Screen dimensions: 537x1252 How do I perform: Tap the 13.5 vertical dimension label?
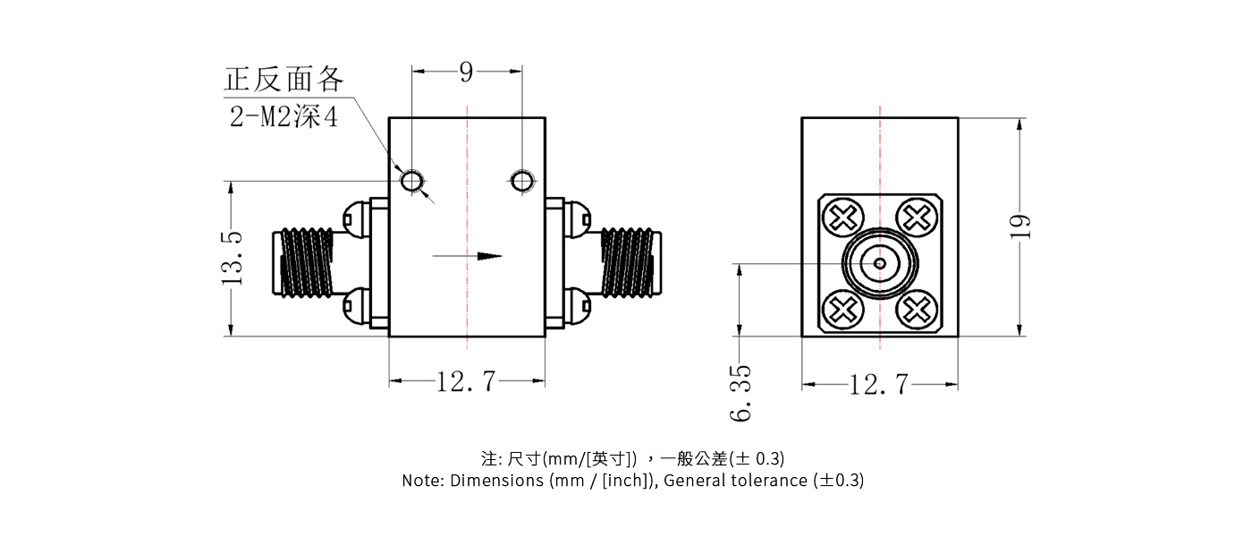[x=232, y=258]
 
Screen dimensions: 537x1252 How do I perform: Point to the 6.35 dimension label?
[x=740, y=393]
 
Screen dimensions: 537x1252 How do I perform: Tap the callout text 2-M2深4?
[x=284, y=117]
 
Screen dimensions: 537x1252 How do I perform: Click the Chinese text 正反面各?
[x=283, y=80]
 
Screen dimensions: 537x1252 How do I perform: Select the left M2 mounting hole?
[x=411, y=182]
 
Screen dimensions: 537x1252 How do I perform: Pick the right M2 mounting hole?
[x=522, y=182]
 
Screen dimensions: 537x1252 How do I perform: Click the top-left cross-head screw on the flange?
[x=842, y=217]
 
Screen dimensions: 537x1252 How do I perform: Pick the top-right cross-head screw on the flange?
[x=917, y=217]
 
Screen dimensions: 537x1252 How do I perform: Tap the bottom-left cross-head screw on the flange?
[x=842, y=310]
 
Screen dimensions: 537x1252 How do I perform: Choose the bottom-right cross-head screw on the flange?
[x=917, y=310]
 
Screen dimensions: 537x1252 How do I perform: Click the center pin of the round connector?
[x=880, y=263]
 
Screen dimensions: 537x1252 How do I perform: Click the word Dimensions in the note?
[x=493, y=480]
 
